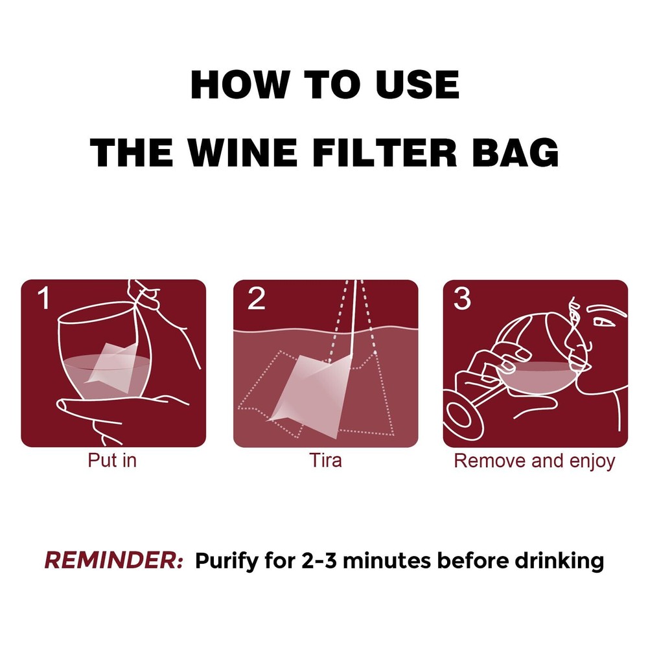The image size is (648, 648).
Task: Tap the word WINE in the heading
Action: [x=253, y=154]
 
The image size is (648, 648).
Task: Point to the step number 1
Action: [x=43, y=299]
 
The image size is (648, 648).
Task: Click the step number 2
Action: [x=256, y=299]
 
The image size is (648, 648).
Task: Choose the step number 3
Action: [x=462, y=299]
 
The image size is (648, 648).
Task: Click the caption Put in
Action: [x=112, y=461]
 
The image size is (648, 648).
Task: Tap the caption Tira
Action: [x=325, y=461]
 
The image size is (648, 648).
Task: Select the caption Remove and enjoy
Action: [x=535, y=461]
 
